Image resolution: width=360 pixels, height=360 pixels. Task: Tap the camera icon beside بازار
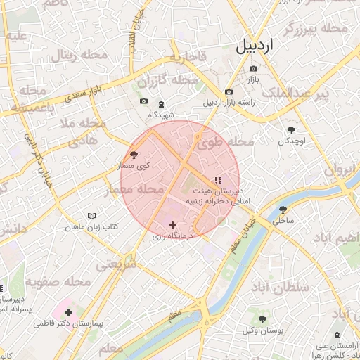(x=253, y=69)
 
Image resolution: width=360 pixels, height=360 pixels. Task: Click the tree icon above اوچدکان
(x=291, y=129)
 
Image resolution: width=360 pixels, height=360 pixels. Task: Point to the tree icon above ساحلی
(x=283, y=210)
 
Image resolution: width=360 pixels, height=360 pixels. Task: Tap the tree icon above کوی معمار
(x=134, y=155)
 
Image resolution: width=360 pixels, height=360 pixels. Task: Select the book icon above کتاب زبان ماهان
(x=91, y=216)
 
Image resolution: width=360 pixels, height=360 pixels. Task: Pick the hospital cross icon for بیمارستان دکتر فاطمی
(x=68, y=311)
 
